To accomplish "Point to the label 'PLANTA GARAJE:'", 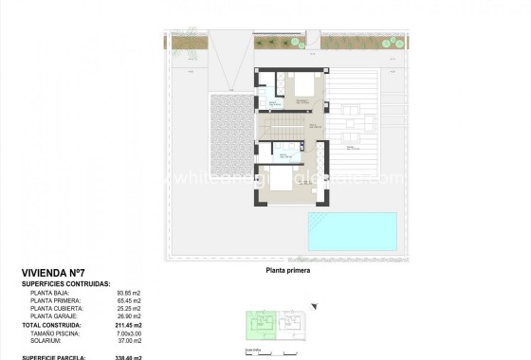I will tap(57, 317).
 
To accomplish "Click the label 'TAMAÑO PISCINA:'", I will tap(57, 333).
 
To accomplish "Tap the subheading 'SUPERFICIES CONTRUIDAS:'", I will tap(66, 283).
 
